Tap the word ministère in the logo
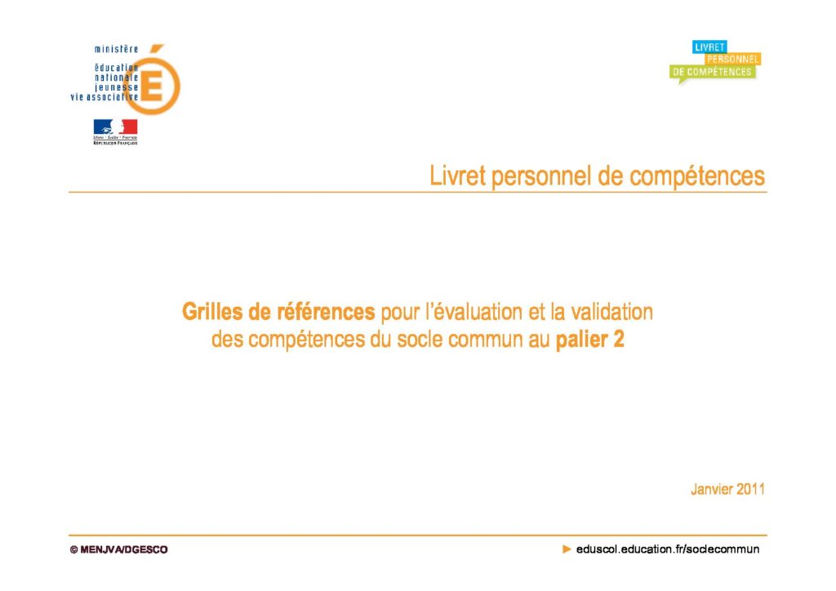pos(116,49)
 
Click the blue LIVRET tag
pos(709,47)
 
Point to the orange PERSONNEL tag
pos(732,59)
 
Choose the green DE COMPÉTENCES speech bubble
pos(712,73)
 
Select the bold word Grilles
pos(211,312)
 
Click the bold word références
pos(326,312)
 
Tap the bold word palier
pos(581,340)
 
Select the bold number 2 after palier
pos(619,340)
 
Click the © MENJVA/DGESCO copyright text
pos(119,549)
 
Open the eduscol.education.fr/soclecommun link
pos(668,549)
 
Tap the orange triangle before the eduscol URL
pos(567,549)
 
